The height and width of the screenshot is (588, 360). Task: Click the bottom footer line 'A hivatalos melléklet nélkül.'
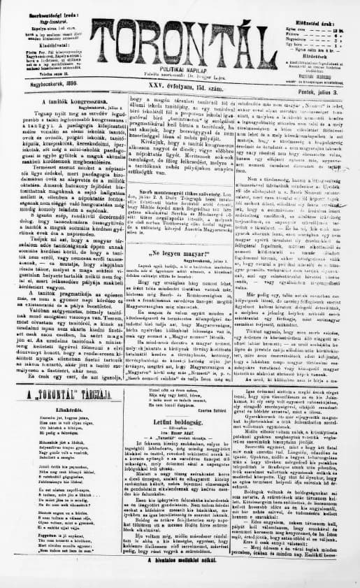click(182, 580)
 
